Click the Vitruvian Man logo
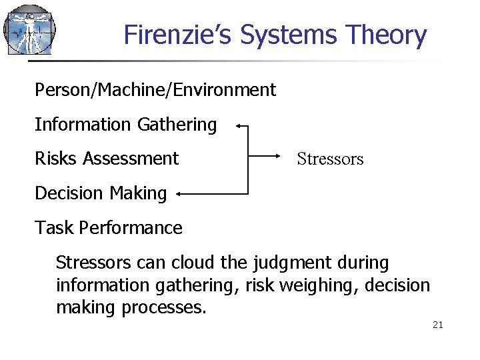pos(29,30)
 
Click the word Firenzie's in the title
pos(178,35)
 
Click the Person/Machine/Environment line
pos(155,89)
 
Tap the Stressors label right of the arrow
pos(330,159)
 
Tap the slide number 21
pos(438,325)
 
